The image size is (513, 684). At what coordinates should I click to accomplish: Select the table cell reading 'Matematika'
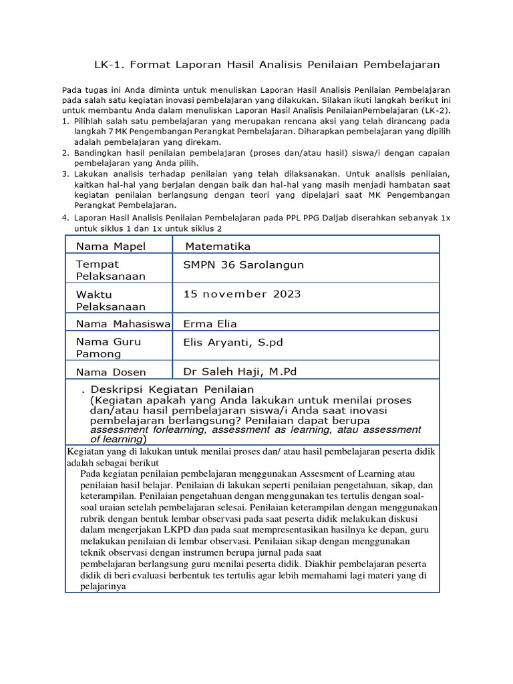[x=218, y=246]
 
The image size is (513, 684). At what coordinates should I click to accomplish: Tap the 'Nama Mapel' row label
[x=110, y=246]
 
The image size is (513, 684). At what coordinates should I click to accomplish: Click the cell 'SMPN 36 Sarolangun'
[x=243, y=265]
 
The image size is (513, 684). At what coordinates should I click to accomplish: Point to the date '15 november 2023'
[x=242, y=294]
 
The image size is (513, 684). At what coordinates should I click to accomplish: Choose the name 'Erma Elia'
[x=210, y=323]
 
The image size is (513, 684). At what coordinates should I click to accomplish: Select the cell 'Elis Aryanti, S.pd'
[x=233, y=343]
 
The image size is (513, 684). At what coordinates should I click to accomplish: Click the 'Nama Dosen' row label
[x=111, y=372]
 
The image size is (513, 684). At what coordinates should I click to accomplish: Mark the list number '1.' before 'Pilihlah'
[x=65, y=121]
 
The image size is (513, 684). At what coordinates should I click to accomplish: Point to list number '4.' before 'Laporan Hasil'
[x=65, y=218]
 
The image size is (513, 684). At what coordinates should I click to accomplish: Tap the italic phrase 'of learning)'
[x=118, y=440]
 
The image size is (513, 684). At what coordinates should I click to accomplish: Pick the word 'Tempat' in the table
[x=98, y=265]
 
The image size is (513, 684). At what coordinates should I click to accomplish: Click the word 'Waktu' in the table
[x=94, y=295]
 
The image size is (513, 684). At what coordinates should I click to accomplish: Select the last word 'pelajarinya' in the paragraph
[x=103, y=587]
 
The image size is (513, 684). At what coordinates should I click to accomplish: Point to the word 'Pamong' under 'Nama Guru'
[x=99, y=353]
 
